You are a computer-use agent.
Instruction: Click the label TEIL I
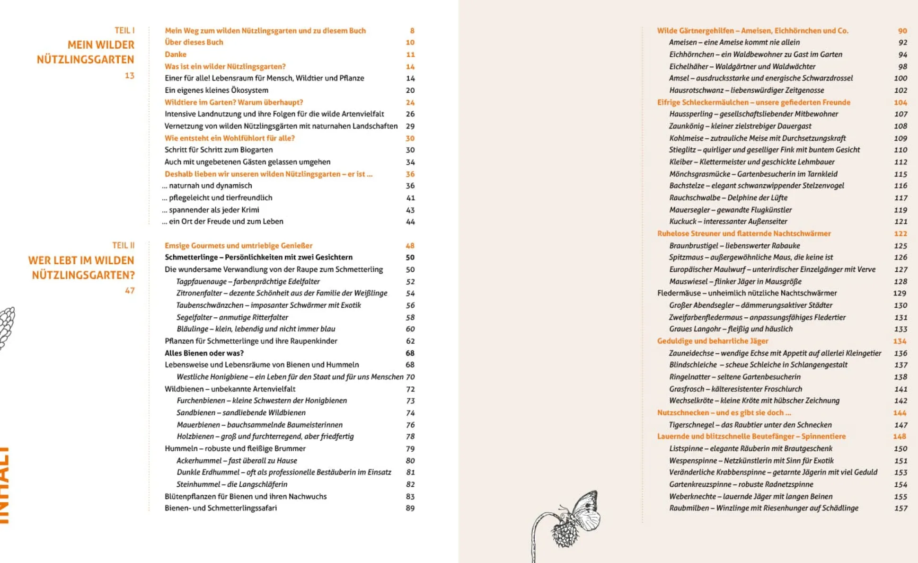124,30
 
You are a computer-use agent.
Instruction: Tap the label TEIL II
123,245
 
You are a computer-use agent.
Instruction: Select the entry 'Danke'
175,54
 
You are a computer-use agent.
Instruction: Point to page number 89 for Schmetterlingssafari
410,508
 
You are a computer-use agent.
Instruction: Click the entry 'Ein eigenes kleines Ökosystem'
216,90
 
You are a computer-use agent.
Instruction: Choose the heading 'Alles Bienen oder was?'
204,353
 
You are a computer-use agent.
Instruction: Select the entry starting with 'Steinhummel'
232,484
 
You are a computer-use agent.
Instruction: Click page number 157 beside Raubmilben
900,508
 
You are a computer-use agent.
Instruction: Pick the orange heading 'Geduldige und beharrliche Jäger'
712,341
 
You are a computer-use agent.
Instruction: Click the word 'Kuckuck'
682,221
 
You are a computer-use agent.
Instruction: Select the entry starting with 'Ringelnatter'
734,377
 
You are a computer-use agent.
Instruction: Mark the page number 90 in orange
902,31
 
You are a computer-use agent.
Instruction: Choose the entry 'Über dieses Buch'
194,42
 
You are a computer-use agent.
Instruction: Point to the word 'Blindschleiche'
693,365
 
